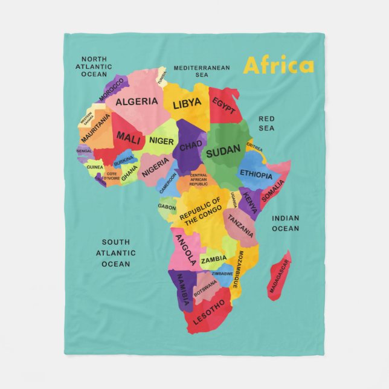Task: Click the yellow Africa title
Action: pos(278,65)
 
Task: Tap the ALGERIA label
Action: pos(137,101)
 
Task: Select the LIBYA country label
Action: pos(187,104)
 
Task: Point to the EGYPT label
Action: pos(223,107)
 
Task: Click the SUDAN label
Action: pos(223,153)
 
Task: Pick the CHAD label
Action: pos(191,146)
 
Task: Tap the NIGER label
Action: pos(161,141)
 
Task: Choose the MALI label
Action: pos(129,137)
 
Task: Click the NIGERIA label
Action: pos(155,167)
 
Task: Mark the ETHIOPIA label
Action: pos(256,174)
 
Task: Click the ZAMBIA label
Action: pos(214,260)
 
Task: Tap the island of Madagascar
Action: pos(279,276)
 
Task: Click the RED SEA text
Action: pos(266,123)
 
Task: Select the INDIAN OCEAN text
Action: pos(285,223)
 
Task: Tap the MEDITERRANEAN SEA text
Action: pos(202,71)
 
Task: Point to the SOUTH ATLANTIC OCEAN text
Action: pos(115,253)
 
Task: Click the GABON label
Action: pos(167,207)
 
